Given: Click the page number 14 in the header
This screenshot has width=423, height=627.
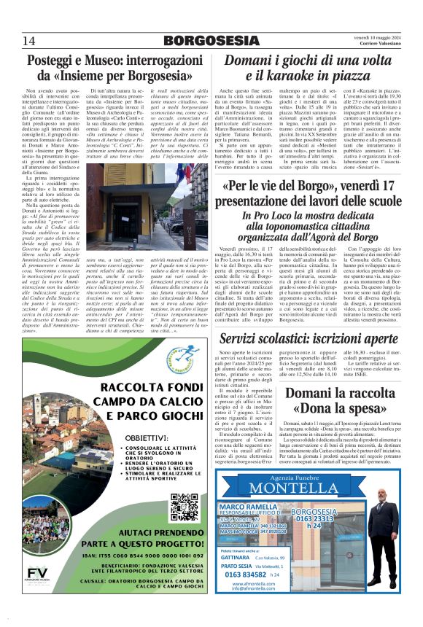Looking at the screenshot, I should click(x=29, y=39).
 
